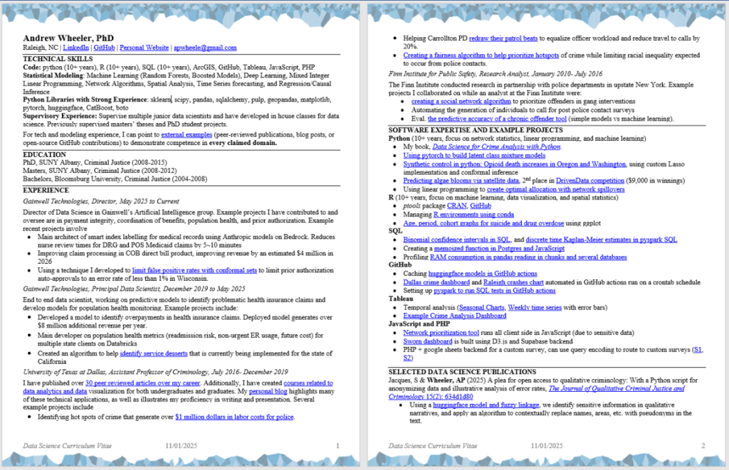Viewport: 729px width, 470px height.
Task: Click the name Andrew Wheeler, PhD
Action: (68, 38)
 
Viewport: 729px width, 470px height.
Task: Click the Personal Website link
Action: (145, 48)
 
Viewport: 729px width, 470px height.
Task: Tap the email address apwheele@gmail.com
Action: (206, 48)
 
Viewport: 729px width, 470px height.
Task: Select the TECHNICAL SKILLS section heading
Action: (58, 58)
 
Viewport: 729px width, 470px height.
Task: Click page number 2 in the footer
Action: (703, 446)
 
